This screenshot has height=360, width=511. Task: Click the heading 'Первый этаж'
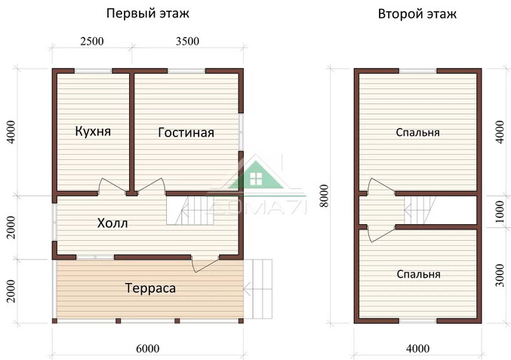tap(149, 14)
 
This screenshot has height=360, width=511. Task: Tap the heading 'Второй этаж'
tap(417, 14)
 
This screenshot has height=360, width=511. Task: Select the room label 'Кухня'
tap(93, 131)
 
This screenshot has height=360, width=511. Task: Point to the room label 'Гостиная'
tap(186, 133)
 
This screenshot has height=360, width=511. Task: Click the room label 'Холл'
tap(112, 223)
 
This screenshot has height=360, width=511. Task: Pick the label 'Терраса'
tap(150, 288)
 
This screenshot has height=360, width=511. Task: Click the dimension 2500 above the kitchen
tap(91, 42)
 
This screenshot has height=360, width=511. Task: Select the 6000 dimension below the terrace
tap(148, 348)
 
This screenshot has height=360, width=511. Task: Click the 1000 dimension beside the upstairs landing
tap(497, 210)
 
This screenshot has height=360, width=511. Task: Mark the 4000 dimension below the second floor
tap(417, 348)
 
